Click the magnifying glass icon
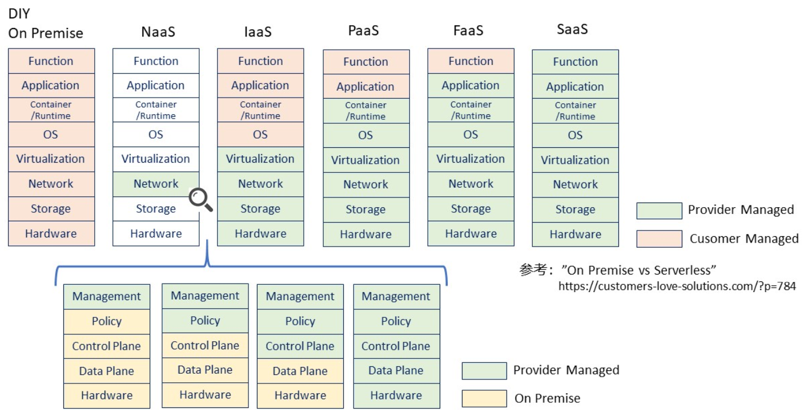pos(200,200)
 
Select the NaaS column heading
pos(158,32)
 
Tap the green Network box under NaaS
pos(156,184)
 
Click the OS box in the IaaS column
pos(260,135)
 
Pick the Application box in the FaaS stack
pos(471,86)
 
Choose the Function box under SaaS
pos(575,62)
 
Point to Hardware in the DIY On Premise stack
pos(51,233)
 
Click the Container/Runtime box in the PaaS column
pos(365,111)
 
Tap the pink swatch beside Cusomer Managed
pos(659,239)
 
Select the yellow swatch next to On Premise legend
pos(484,398)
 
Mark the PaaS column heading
pos(364,31)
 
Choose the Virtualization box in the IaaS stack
pos(260,159)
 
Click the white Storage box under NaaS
pos(156,209)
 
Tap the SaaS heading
pos(572,30)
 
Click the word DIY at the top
pos(19,14)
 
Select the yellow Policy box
pos(107,321)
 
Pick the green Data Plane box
pos(396,370)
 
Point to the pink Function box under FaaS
pos(471,61)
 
